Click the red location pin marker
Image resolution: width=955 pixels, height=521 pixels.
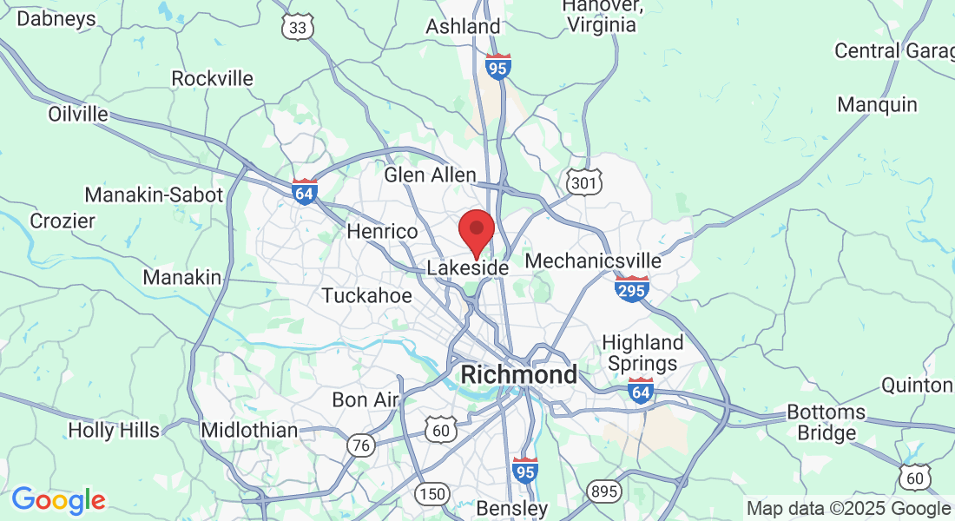476,231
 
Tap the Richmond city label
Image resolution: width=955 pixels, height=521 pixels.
518,375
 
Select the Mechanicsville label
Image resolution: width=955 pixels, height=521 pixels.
593,260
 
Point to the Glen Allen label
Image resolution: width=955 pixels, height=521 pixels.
431,175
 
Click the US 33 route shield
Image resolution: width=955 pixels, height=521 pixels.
298,28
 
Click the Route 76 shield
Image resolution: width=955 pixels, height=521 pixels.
361,445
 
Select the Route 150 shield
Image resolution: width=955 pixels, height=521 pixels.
431,494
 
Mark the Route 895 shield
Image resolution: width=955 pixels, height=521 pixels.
603,491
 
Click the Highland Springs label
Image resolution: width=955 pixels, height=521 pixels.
642,353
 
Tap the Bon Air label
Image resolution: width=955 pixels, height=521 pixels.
365,400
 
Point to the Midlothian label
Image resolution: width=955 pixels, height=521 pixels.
248,430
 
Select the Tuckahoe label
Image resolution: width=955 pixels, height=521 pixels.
366,295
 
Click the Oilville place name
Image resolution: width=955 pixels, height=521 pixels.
78,114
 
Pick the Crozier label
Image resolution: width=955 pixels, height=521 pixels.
63,221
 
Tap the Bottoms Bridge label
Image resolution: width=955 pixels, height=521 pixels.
827,422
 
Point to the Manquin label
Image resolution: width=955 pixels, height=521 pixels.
877,105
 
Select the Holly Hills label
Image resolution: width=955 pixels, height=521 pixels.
114,430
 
